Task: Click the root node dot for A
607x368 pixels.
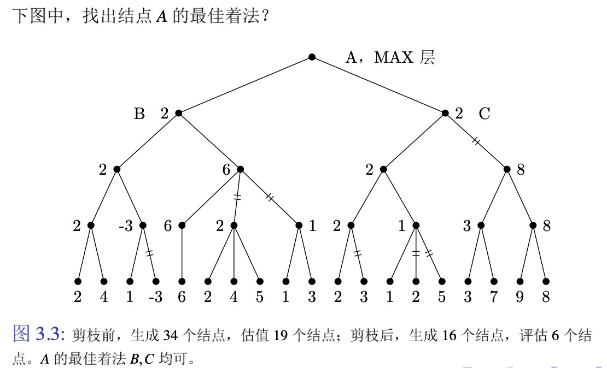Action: coord(312,57)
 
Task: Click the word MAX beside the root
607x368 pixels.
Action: coord(394,57)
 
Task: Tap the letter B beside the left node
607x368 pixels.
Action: coord(139,114)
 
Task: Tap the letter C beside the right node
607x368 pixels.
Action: coord(485,114)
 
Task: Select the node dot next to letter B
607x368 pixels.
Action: coord(178,114)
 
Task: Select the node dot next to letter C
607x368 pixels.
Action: coord(445,114)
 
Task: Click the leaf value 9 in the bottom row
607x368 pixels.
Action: coord(520,297)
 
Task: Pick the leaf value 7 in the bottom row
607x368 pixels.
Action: coord(494,297)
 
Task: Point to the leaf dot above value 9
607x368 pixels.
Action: coord(520,281)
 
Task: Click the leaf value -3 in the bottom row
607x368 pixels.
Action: coord(155,297)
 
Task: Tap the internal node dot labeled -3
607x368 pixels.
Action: coord(143,225)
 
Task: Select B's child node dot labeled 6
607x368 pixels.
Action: coord(240,169)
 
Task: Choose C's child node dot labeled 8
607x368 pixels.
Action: coord(507,169)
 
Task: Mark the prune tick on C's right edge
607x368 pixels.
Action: coord(476,141)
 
